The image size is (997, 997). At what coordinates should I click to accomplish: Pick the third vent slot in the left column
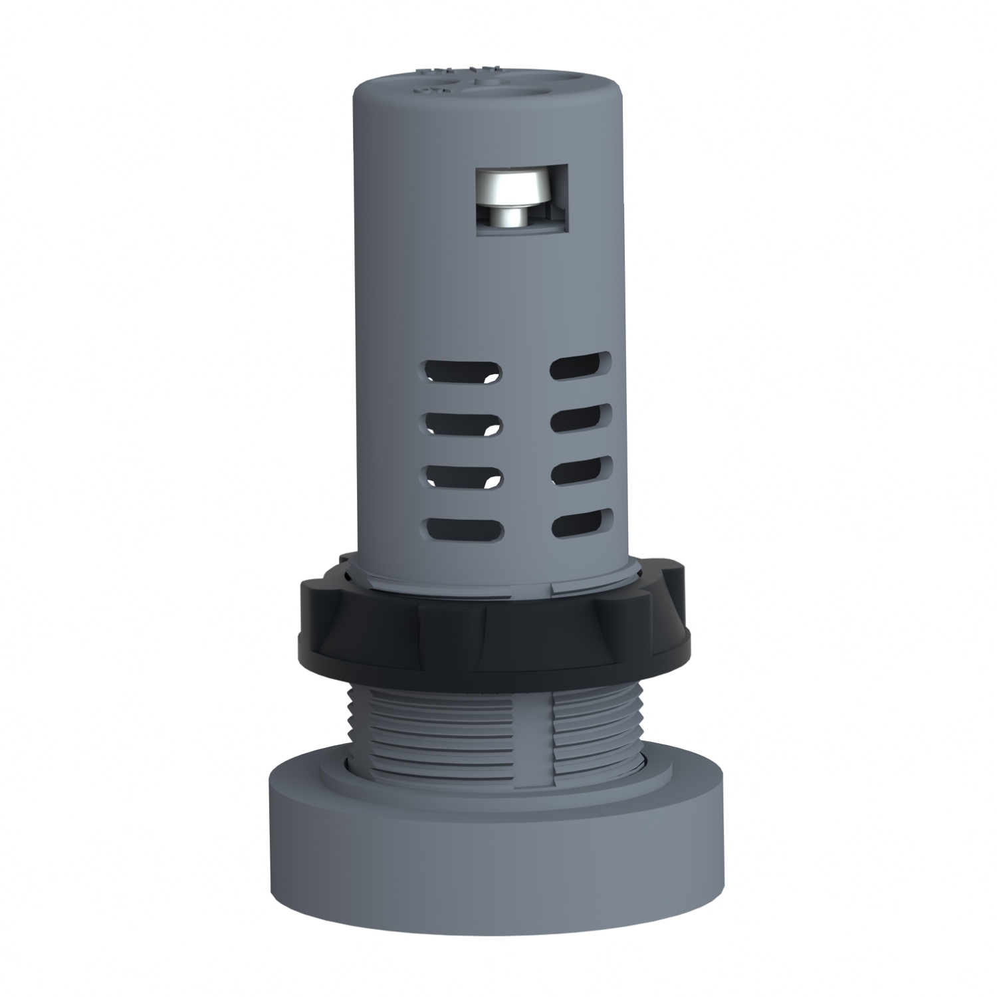click(462, 476)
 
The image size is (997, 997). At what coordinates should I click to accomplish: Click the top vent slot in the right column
click(581, 365)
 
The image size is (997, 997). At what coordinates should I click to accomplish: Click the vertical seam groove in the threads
click(551, 738)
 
